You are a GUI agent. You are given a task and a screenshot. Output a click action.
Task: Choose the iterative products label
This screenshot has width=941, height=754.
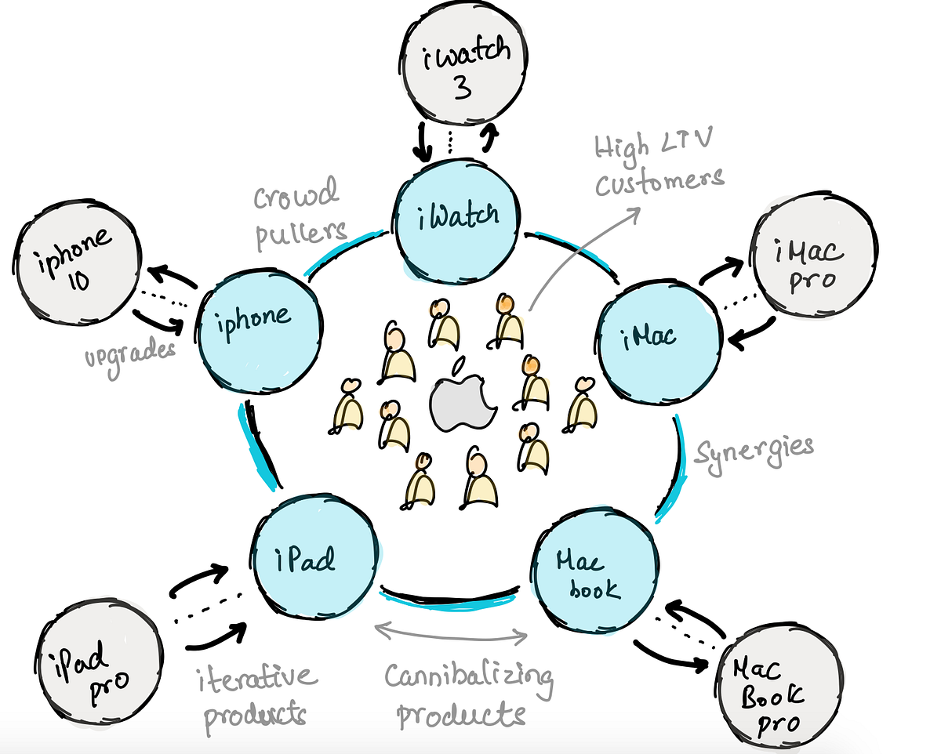pos(255,694)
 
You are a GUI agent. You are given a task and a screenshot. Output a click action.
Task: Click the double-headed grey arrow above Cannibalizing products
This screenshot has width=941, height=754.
pos(452,632)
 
